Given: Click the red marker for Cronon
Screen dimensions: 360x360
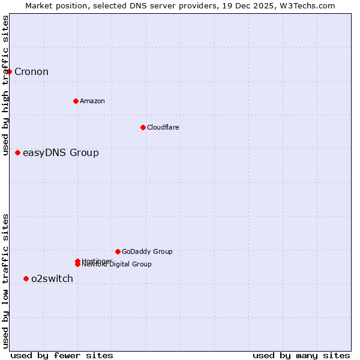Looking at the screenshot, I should (x=9, y=72).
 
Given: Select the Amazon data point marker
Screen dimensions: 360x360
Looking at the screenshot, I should (x=76, y=101).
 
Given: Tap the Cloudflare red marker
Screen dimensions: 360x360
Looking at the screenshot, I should (x=143, y=127).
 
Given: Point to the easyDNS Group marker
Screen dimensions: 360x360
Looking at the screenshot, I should (x=17, y=152).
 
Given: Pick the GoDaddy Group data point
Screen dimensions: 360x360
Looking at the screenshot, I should (x=118, y=251).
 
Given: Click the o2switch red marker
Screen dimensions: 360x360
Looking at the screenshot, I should (x=26, y=278).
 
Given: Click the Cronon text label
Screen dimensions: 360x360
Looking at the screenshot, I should (x=31, y=72).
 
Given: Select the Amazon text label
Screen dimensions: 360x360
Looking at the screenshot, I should (x=92, y=101).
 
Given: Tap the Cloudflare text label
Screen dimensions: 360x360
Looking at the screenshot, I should (x=163, y=127).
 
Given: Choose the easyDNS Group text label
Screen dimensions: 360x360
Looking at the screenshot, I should (x=61, y=152).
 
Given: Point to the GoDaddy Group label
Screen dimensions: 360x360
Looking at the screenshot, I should (x=147, y=251).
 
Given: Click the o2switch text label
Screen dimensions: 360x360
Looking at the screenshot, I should (x=52, y=278).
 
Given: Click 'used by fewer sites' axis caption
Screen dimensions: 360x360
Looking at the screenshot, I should (x=62, y=355).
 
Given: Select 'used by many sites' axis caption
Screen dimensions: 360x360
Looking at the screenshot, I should (x=301, y=355).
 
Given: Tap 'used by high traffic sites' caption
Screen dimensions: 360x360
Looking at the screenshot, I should (x=5, y=85).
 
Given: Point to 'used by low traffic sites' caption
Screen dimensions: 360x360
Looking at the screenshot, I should (x=5, y=281).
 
